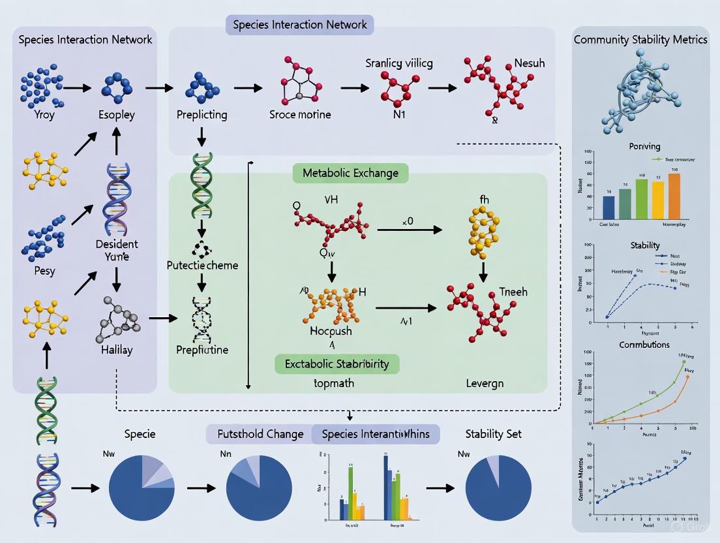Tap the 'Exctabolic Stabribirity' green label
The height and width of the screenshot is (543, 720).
tap(337, 364)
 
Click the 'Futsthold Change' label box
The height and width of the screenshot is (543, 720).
tap(260, 434)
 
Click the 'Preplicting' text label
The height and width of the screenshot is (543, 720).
tap(202, 115)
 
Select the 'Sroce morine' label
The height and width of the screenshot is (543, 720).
tap(300, 115)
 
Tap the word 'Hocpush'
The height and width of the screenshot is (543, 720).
tap(330, 331)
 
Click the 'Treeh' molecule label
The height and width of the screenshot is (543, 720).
tap(514, 292)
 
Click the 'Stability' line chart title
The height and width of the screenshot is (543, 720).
tap(645, 245)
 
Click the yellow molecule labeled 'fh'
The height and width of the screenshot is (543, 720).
tap(483, 232)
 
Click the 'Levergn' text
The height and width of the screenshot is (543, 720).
tap(485, 383)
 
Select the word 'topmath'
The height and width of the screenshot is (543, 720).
tap(333, 383)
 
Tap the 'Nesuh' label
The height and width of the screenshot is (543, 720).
tap(530, 64)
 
